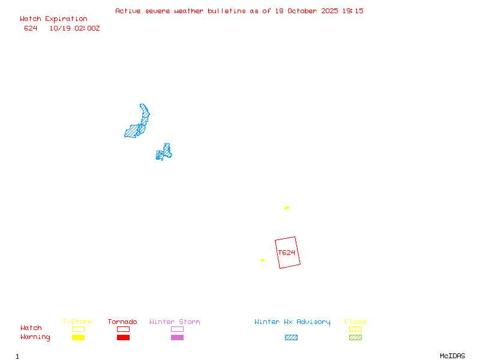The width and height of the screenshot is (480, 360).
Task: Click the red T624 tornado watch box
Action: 287,253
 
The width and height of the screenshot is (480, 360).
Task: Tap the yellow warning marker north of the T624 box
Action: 287,208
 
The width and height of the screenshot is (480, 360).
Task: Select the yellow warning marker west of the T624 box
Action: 262,260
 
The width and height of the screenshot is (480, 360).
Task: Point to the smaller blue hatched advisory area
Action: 164,152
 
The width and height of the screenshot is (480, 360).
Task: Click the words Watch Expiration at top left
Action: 53,19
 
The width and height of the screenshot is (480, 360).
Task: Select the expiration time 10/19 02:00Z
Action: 74,28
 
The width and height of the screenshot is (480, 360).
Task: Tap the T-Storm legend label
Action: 77,322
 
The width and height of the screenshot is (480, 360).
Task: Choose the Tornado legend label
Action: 122,322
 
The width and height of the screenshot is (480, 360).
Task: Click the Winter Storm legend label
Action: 175,322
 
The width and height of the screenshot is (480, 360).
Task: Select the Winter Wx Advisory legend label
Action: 292,322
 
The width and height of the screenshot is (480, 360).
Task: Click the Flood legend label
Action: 355,322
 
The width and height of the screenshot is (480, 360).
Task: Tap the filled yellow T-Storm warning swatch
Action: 78,337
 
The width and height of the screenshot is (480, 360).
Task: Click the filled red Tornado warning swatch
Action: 123,337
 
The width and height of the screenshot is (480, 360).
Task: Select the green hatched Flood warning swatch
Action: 355,337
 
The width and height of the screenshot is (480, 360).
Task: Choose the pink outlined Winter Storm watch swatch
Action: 177,329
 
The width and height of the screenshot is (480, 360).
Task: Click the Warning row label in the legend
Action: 35,337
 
